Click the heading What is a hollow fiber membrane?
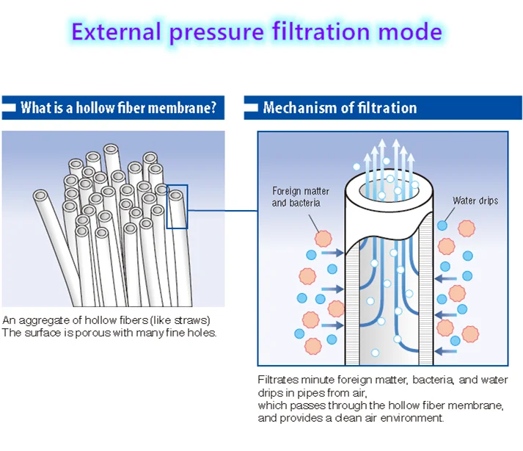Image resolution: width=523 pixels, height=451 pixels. click(x=118, y=108)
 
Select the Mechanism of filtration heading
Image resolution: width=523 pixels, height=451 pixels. click(x=340, y=108)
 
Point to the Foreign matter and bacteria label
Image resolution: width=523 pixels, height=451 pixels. click(x=301, y=196)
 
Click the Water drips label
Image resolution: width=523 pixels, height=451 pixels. click(x=475, y=201)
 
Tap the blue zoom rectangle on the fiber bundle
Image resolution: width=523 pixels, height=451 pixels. click(x=177, y=206)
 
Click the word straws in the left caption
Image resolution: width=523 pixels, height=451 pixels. click(x=194, y=320)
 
